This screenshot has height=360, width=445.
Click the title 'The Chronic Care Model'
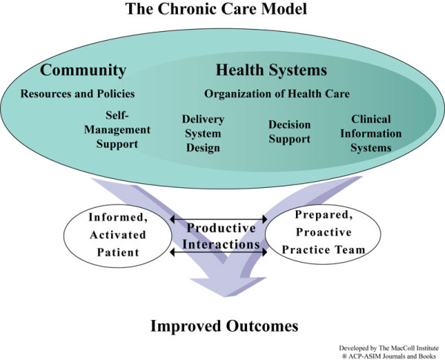[x=222, y=11]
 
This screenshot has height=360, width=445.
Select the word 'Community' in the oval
[x=83, y=71]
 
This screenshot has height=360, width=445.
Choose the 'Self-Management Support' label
[x=123, y=130]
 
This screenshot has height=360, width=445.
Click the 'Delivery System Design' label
[x=203, y=134]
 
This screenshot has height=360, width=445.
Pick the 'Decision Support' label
[x=289, y=132]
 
